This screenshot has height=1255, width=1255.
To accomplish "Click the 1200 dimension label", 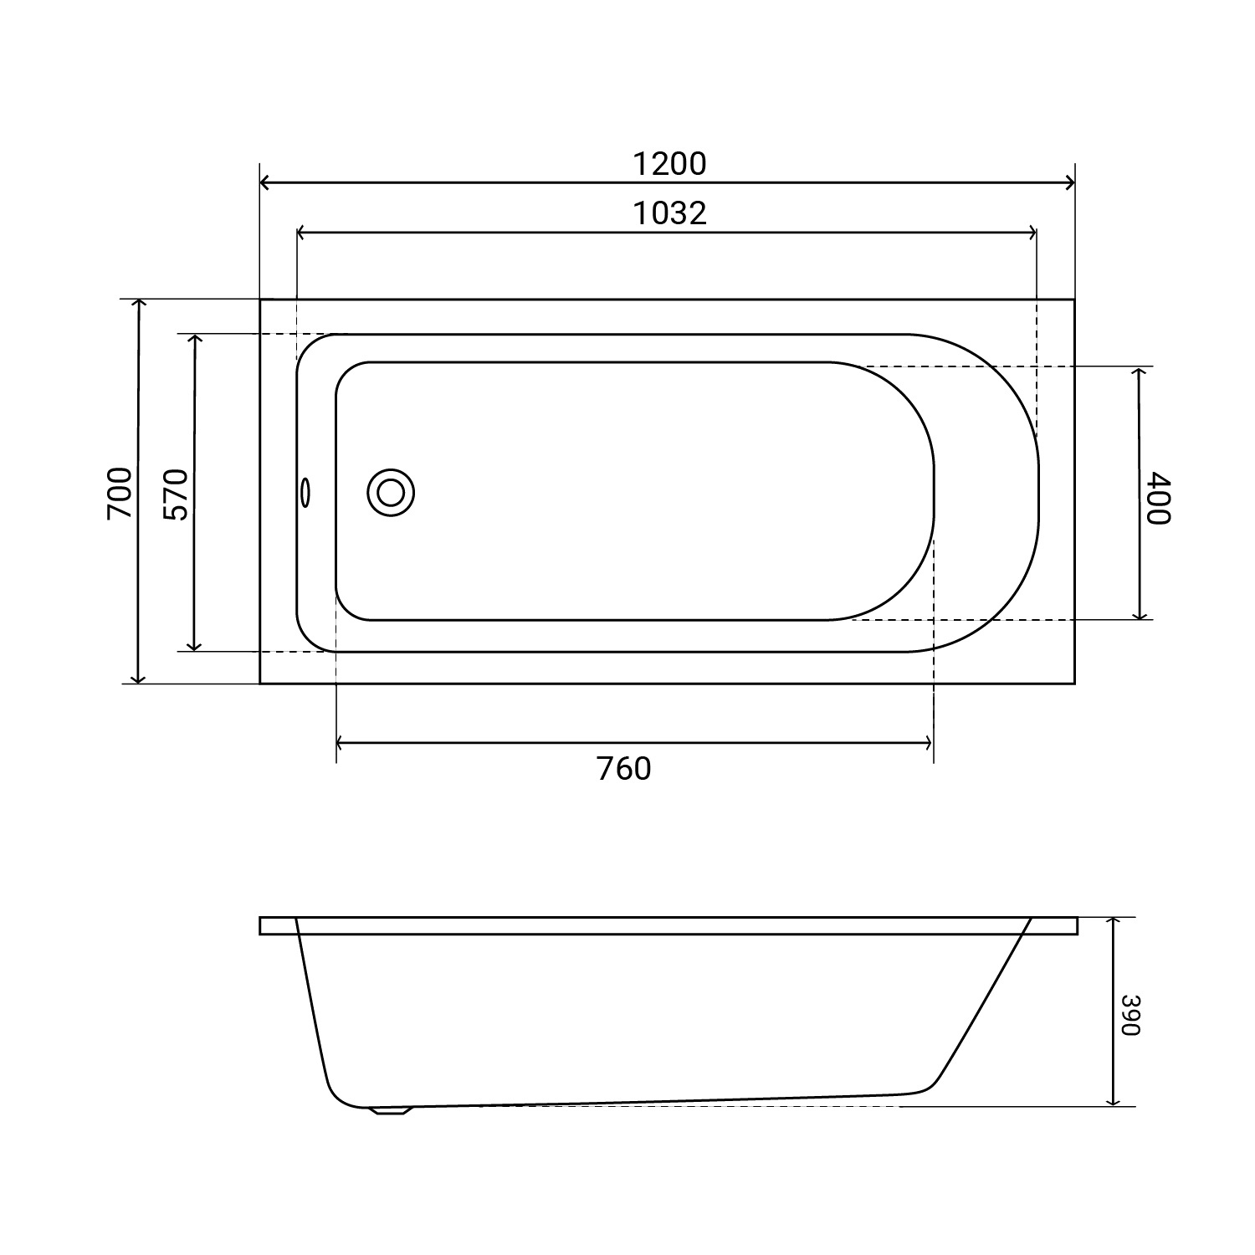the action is [668, 164].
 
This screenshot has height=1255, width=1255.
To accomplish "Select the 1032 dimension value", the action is [668, 213].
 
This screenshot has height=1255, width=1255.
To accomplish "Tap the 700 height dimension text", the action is [120, 492].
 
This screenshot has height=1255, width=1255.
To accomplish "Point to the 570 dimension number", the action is [177, 494].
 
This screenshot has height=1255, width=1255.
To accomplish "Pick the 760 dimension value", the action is [624, 768].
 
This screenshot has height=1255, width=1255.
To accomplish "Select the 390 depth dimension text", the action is [1131, 1014].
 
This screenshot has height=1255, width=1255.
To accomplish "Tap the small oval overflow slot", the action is [306, 492].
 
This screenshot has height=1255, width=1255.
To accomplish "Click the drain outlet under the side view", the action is [392, 1111].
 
